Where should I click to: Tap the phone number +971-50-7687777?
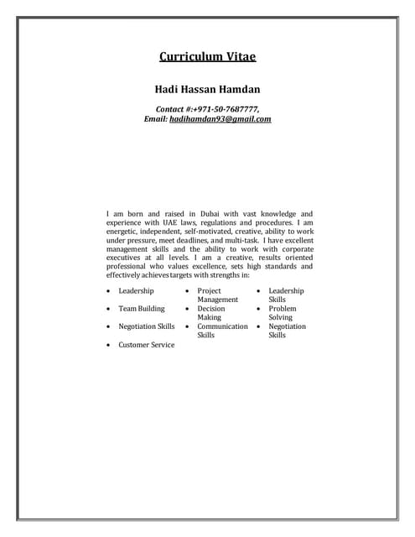(226, 109)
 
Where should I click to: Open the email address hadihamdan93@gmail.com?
(220, 119)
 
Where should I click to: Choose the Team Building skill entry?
(142, 309)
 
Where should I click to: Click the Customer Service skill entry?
(147, 345)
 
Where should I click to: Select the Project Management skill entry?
(218, 295)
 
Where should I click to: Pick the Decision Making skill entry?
(211, 313)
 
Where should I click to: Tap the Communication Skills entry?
(222, 331)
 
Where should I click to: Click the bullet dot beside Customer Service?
(109, 345)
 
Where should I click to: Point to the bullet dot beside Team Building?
(109, 309)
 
